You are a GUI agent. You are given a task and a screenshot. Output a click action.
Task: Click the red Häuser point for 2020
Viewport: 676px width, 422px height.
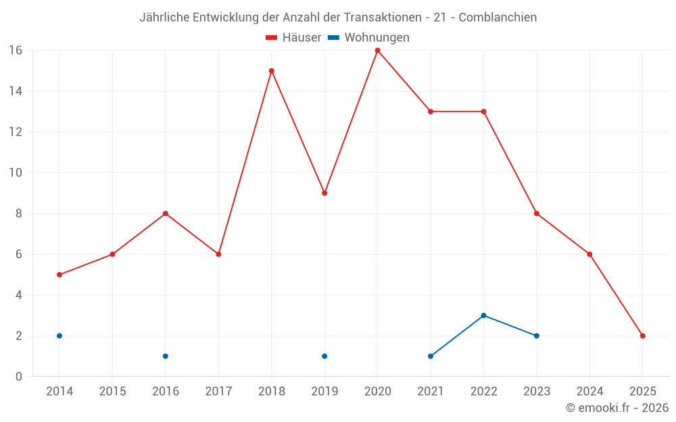pyautogui.click(x=377, y=50)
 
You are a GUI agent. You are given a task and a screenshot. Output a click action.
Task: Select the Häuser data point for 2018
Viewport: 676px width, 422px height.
pyautogui.click(x=271, y=71)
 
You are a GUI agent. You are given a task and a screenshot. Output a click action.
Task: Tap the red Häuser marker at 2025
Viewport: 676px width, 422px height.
pyautogui.click(x=642, y=336)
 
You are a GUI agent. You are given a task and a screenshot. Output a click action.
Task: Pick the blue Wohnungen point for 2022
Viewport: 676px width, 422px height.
pyautogui.click(x=483, y=315)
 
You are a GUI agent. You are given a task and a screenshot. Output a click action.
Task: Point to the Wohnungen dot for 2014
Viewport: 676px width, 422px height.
pyautogui.click(x=59, y=336)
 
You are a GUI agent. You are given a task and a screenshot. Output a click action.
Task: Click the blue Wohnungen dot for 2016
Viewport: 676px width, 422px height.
pyautogui.click(x=166, y=356)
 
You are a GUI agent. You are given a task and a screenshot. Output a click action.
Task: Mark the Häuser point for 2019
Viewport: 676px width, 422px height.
pyautogui.click(x=324, y=193)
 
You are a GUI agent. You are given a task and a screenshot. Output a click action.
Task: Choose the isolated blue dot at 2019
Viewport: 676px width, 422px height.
pyautogui.click(x=324, y=356)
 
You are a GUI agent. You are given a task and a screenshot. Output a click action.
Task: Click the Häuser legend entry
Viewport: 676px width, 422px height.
pyautogui.click(x=293, y=38)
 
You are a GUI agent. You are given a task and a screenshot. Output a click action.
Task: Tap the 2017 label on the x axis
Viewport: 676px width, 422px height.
pyautogui.click(x=218, y=392)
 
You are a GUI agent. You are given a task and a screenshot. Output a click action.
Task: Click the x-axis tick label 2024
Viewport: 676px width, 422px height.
pyautogui.click(x=589, y=392)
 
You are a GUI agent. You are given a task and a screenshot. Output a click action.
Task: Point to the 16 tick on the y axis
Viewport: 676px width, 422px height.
pyautogui.click(x=16, y=51)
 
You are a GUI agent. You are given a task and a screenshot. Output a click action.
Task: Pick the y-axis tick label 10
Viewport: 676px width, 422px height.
pyautogui.click(x=16, y=173)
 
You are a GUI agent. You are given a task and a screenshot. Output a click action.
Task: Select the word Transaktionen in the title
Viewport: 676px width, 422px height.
pyautogui.click(x=382, y=17)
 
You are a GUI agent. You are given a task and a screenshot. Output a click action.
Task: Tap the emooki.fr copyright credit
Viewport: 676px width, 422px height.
pyautogui.click(x=617, y=408)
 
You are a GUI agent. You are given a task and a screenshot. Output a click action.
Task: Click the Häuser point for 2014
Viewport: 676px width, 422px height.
pyautogui.click(x=59, y=275)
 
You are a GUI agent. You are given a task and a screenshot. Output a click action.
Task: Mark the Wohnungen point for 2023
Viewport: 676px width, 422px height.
pyautogui.click(x=536, y=336)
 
